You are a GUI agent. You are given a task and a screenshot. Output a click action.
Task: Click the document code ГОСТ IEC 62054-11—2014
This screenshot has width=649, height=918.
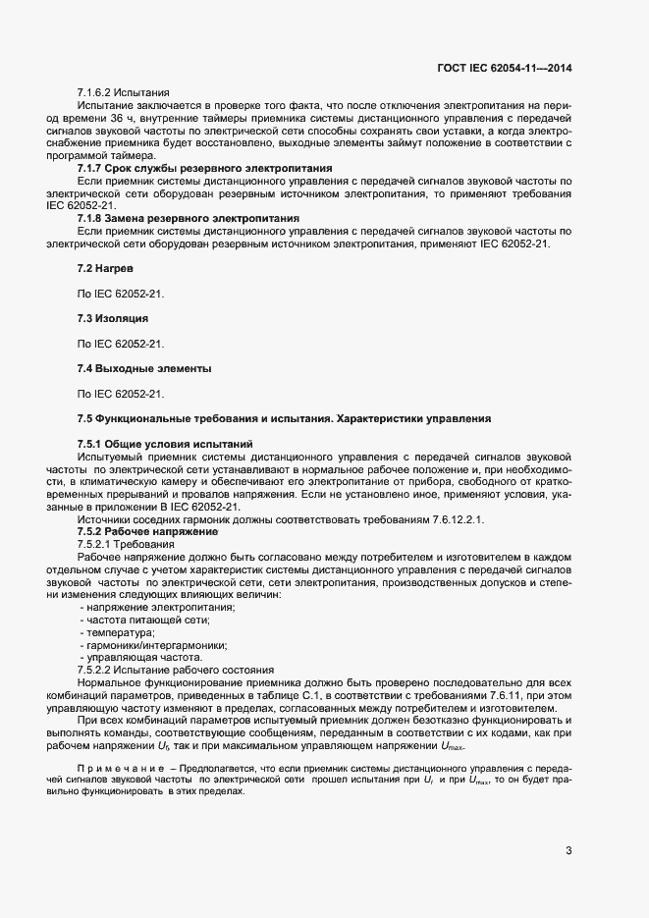tap(504, 67)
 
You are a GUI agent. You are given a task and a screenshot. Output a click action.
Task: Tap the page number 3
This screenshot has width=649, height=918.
tap(568, 850)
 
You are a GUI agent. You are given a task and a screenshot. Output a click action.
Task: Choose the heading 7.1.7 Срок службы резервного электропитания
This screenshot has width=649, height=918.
tap(204, 169)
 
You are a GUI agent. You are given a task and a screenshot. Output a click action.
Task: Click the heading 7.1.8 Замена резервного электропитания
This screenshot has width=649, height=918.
tap(189, 217)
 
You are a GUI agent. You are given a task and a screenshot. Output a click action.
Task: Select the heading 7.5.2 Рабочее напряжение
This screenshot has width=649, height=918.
tap(146, 531)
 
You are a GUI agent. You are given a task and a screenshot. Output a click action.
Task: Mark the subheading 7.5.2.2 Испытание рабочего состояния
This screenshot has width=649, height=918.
tap(176, 670)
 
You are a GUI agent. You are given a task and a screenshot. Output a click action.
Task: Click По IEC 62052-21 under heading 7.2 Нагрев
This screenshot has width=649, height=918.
tap(121, 294)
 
